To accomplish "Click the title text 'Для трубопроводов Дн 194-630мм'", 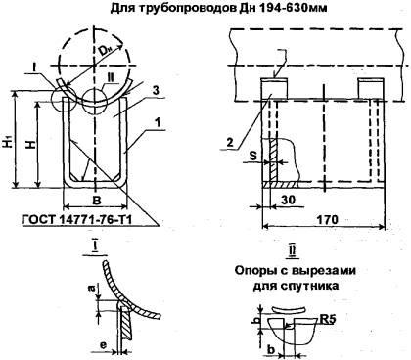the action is [x=219, y=8].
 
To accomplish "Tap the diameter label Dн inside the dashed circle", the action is [x=107, y=51].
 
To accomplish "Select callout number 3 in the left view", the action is [x=156, y=90].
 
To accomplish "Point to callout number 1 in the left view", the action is [x=158, y=123].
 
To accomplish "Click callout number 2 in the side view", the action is [x=230, y=142].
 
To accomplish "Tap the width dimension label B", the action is [x=97, y=201].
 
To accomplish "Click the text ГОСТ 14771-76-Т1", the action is [x=77, y=219].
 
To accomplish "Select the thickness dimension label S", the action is [x=252, y=156].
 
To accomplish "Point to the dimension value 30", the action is [x=288, y=200].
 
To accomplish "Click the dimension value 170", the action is [x=327, y=219].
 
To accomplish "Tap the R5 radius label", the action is [x=327, y=319].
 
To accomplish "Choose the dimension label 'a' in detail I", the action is [x=92, y=289].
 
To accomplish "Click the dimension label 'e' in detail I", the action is [x=103, y=345].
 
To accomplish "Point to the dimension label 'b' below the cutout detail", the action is [x=271, y=349].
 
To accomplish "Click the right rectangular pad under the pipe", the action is [x=370, y=88].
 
